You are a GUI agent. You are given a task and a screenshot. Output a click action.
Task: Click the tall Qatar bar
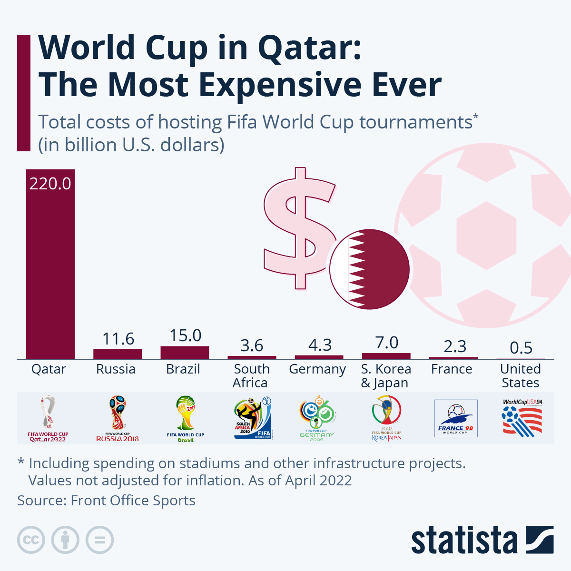click(x=50, y=266)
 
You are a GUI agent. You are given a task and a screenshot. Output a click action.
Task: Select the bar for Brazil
click(x=185, y=352)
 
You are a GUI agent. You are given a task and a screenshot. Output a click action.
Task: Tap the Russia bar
click(x=118, y=354)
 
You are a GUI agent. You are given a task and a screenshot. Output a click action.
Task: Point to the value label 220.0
click(x=50, y=184)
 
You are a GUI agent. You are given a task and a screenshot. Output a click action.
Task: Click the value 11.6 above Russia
click(x=118, y=339)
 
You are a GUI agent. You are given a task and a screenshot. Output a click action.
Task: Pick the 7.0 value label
click(x=386, y=343)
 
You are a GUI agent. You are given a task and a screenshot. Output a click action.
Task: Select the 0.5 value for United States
click(x=521, y=348)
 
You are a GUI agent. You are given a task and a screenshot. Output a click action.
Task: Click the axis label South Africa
click(x=251, y=376)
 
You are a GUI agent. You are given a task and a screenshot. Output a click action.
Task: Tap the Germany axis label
click(x=317, y=369)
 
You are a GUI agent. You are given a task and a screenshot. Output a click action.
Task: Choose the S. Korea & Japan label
click(x=385, y=376)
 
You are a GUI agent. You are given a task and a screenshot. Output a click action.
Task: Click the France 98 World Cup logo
click(x=456, y=418)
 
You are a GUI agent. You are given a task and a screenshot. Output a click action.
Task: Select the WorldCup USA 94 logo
click(x=522, y=418)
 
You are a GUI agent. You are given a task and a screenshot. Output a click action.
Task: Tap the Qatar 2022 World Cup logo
click(x=48, y=418)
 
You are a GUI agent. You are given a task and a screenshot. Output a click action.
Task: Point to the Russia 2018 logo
click(x=117, y=418)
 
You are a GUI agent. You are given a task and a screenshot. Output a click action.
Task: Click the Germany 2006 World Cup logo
click(x=317, y=418)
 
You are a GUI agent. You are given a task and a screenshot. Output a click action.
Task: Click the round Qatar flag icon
click(x=370, y=269)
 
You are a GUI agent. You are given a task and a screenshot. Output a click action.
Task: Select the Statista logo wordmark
click(x=464, y=540)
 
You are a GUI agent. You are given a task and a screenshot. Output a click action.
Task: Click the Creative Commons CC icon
click(x=31, y=540)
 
